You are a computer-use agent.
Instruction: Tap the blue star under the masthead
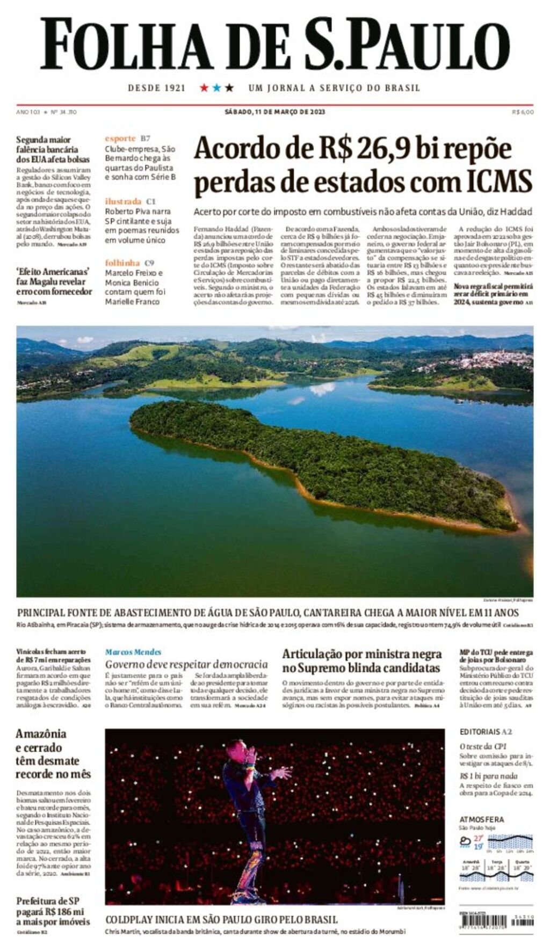point(216,88)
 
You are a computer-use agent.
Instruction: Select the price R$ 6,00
point(523,112)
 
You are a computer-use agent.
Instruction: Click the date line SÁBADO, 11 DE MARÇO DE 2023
point(274,112)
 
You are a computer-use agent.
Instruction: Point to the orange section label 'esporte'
point(120,139)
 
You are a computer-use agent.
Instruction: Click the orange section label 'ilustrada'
point(124,201)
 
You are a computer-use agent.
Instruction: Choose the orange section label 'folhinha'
point(122,263)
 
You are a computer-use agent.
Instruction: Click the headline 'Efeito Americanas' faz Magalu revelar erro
point(53,281)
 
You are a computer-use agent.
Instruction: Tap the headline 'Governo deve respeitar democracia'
point(186,664)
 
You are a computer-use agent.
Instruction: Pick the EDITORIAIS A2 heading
point(486,731)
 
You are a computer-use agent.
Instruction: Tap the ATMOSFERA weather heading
point(481,819)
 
